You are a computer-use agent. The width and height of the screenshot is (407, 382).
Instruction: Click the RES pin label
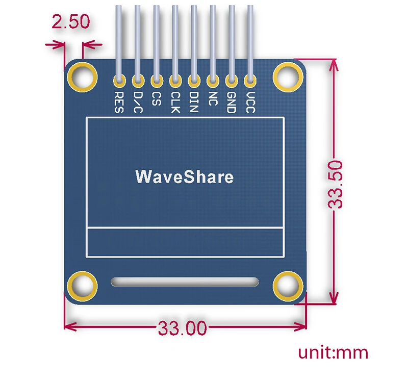(x=119, y=102)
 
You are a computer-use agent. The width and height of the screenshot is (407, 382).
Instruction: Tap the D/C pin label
(x=138, y=102)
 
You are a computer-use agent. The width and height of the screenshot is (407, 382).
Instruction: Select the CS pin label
(x=157, y=99)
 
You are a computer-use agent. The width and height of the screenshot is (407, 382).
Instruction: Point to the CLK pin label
(x=175, y=102)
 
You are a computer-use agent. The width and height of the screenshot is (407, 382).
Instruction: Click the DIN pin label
(x=194, y=101)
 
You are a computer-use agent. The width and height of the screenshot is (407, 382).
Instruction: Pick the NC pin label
(x=213, y=99)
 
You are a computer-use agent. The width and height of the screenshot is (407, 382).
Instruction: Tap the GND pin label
(x=232, y=102)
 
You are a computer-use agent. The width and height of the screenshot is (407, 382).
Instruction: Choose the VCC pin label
(x=250, y=102)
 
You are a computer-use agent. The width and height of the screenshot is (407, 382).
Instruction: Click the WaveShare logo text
(x=185, y=177)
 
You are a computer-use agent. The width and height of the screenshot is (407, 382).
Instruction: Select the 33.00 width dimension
(x=183, y=328)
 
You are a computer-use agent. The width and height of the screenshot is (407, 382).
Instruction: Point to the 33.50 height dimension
(x=335, y=184)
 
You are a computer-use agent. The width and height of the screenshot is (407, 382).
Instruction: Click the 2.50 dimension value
(x=71, y=21)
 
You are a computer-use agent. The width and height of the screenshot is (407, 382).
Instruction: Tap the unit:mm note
(x=333, y=353)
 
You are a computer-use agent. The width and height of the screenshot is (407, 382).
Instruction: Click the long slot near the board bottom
(x=185, y=282)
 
